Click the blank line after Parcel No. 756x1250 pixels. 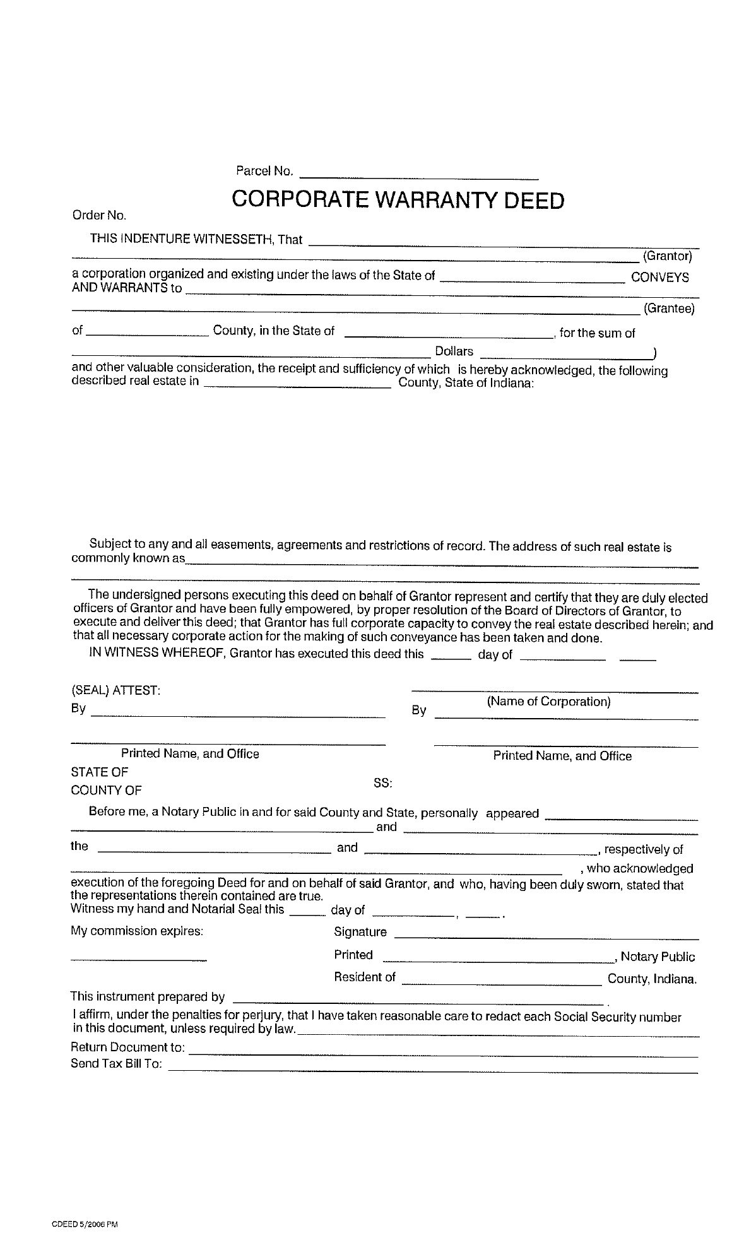click(419, 175)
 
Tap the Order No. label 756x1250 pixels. click(99, 216)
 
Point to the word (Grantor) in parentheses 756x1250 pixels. click(667, 256)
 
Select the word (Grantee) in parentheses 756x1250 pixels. click(668, 309)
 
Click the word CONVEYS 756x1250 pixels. click(659, 278)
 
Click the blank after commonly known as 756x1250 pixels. click(442, 563)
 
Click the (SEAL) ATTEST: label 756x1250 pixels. click(115, 690)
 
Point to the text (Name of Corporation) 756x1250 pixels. click(548, 702)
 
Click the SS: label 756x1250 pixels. click(382, 783)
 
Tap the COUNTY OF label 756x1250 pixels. click(106, 791)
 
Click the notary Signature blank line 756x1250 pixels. click(546, 935)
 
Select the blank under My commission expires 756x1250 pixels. click(138, 959)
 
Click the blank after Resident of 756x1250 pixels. click(501, 981)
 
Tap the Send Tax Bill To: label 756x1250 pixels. click(116, 1064)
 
